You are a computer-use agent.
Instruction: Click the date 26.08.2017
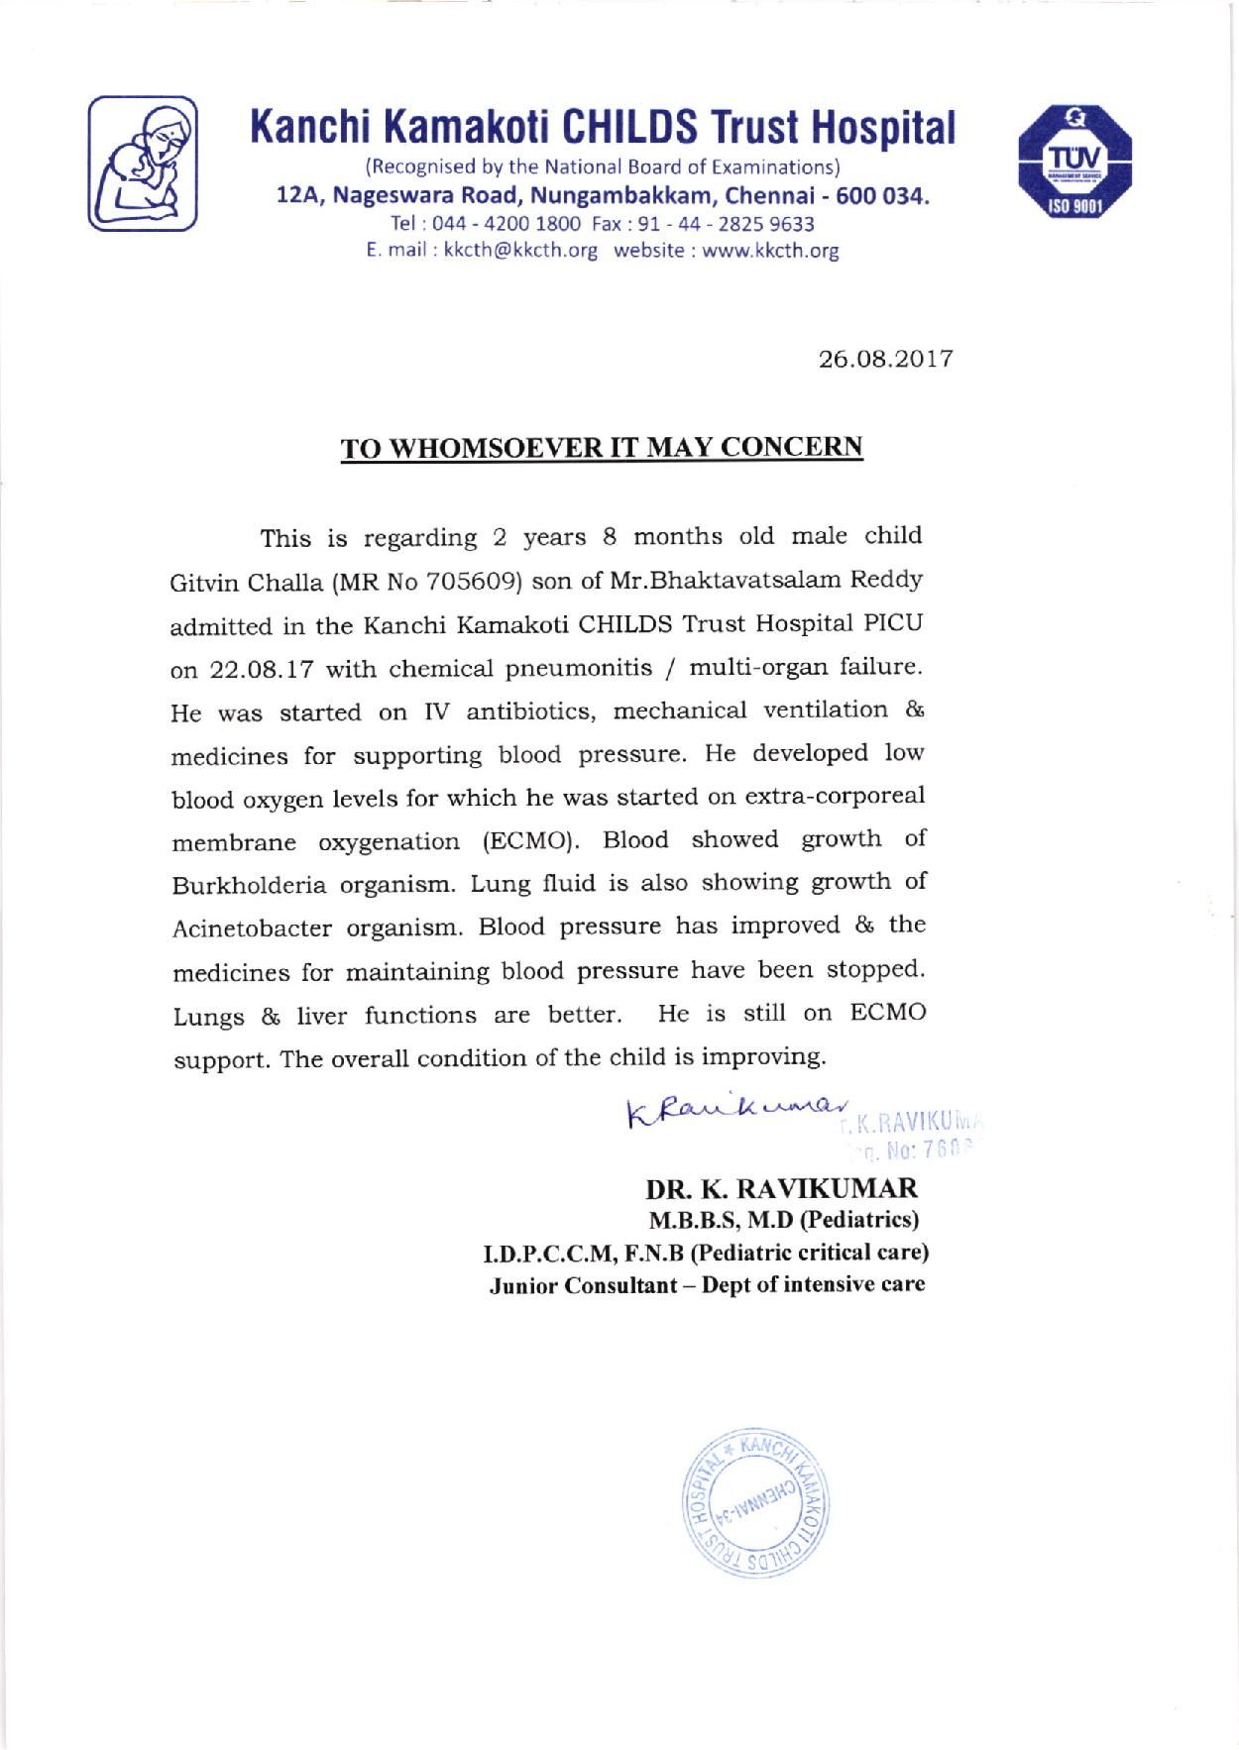(x=886, y=358)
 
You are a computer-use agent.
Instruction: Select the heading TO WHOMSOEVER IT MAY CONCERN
(x=603, y=447)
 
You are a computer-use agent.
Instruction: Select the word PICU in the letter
(x=892, y=624)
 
